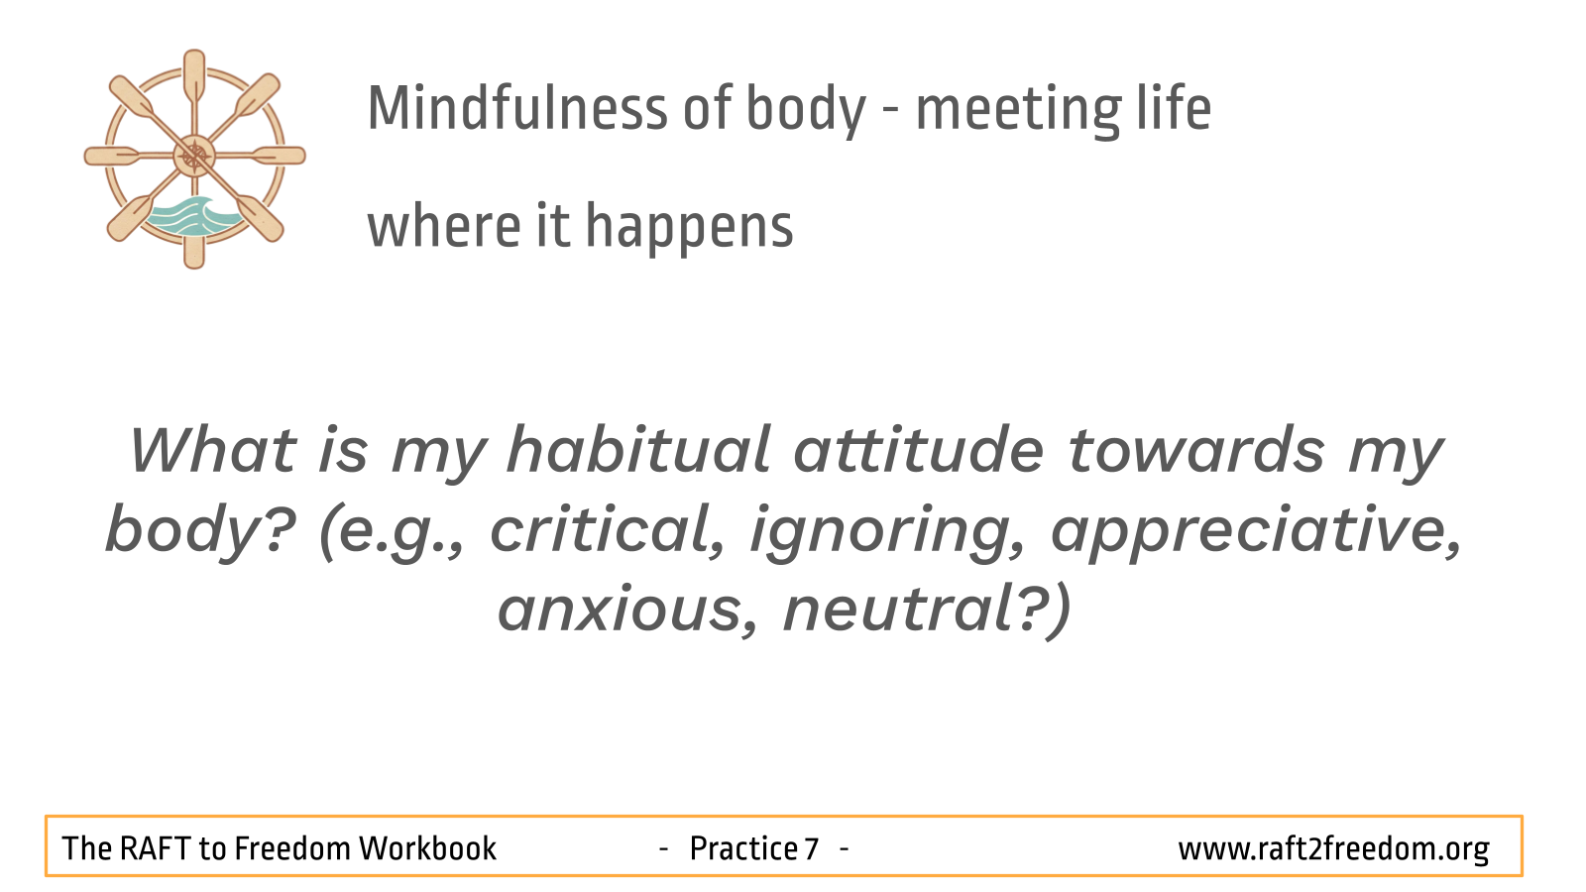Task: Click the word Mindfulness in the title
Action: point(517,108)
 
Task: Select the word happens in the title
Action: point(689,228)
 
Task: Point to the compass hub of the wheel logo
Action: point(194,156)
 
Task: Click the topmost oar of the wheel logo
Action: point(194,75)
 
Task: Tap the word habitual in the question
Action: point(638,450)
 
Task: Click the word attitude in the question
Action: point(918,450)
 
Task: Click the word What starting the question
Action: point(212,450)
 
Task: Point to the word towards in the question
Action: point(1195,450)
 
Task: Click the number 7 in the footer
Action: point(812,848)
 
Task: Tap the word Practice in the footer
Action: point(743,848)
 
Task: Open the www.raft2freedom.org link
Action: point(1333,849)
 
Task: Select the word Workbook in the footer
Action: point(427,848)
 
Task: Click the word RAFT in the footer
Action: point(155,848)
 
